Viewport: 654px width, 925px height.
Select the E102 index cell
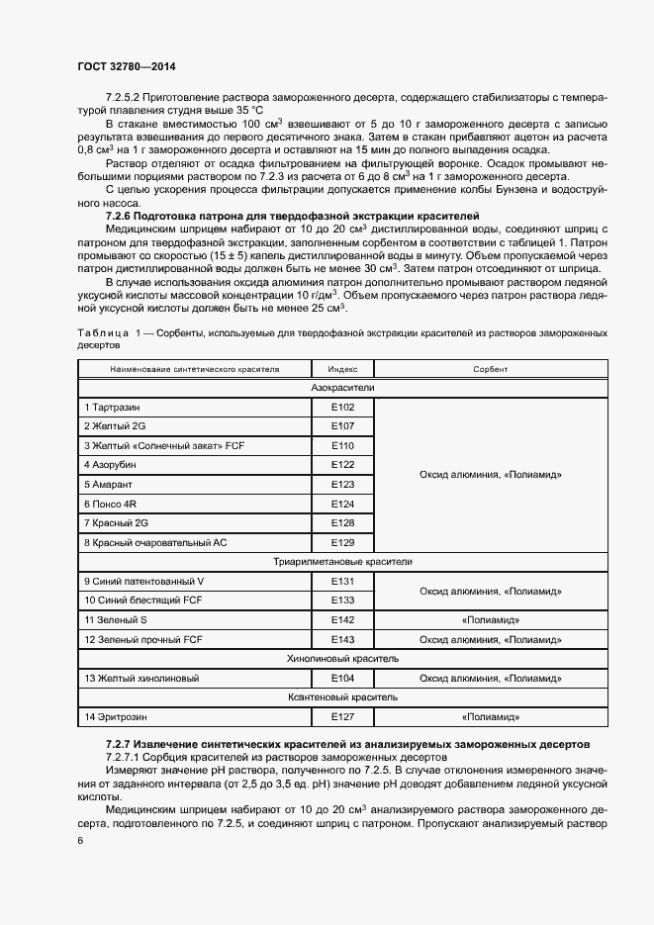[342, 408]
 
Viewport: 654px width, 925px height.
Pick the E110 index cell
[342, 446]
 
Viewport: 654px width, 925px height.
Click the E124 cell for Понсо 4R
[342, 504]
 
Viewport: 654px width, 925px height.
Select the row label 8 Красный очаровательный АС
[155, 542]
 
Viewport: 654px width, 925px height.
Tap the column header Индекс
[342, 369]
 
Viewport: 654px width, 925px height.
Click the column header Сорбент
[491, 369]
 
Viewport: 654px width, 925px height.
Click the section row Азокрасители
[342, 388]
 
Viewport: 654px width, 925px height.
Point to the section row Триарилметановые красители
[342, 562]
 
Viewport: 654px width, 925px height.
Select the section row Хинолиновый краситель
[342, 658]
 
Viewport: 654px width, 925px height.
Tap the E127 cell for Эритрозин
[342, 715]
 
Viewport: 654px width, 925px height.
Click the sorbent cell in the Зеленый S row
[491, 619]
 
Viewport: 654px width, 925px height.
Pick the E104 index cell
[342, 678]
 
